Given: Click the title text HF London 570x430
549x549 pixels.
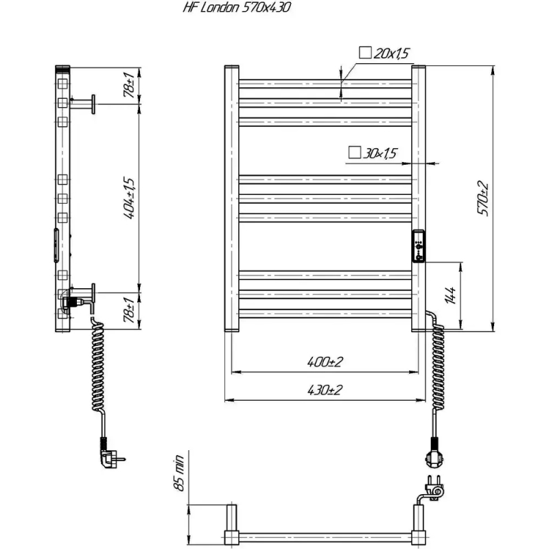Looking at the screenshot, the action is pos(237,8).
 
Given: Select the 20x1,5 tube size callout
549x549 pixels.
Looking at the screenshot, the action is pos(384,54).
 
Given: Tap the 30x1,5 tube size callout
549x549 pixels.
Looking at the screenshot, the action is pos(373,153).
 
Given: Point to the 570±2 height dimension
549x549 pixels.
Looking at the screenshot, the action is pos(482,198).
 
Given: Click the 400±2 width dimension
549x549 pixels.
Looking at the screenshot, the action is pos(325,362).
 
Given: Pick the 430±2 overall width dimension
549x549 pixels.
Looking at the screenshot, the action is pos(325,390).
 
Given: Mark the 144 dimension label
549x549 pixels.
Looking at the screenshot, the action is pos(450,296).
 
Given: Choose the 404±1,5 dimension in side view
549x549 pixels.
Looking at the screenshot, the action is pos(129,198).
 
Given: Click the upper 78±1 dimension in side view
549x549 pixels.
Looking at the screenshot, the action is pos(129,84).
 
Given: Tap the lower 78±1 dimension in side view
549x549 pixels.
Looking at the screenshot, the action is pos(129,310).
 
